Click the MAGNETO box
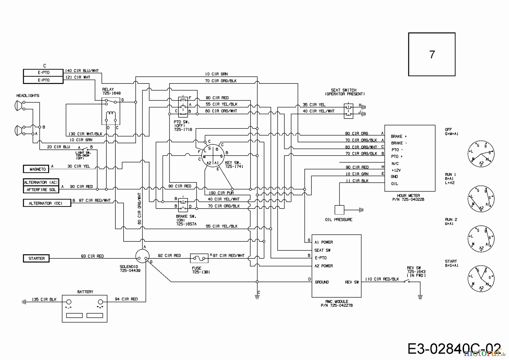[x=36, y=169]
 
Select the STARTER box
[x=36, y=258]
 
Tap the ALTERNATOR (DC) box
[x=47, y=203]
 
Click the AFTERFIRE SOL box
[x=41, y=190]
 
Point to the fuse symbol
[x=199, y=258]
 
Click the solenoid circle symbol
[x=142, y=256]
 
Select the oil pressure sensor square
[x=339, y=210]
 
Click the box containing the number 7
[x=432, y=54]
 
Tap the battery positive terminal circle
[x=100, y=302]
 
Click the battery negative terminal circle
[x=69, y=302]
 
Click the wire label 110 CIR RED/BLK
[x=382, y=279]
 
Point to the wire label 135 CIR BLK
[x=44, y=299]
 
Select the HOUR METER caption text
[x=408, y=195]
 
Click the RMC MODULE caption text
[x=337, y=301]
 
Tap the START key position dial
[x=481, y=278]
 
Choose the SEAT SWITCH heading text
[x=344, y=90]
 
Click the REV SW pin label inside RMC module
[x=352, y=282]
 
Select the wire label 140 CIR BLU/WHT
[x=82, y=71]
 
